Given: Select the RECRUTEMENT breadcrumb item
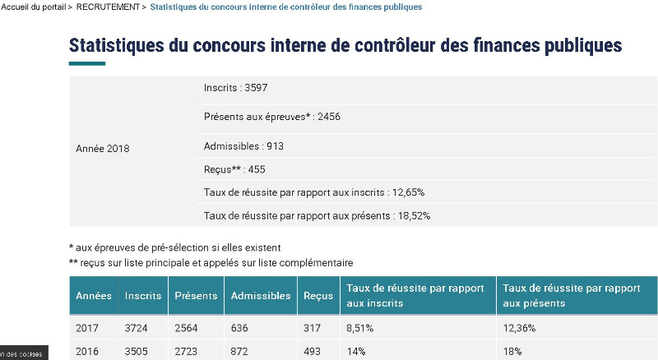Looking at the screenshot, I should [x=107, y=7].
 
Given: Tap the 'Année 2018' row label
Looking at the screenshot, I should [x=103, y=149].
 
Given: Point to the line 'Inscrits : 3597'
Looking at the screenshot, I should [x=236, y=87].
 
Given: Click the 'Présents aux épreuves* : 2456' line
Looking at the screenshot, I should [x=272, y=117].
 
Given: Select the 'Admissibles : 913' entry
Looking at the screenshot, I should [x=243, y=146].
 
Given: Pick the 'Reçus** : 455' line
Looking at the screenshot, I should [x=234, y=169].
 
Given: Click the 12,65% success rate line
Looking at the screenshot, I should [x=314, y=192].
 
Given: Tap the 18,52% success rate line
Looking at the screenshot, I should [x=317, y=215].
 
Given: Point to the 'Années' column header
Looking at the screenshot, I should [x=94, y=296].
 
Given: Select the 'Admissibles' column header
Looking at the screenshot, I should [x=261, y=296].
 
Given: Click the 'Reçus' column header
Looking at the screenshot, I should [x=318, y=296].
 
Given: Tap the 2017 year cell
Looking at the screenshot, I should [x=87, y=328].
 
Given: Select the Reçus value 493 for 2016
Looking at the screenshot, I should [x=313, y=350].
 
